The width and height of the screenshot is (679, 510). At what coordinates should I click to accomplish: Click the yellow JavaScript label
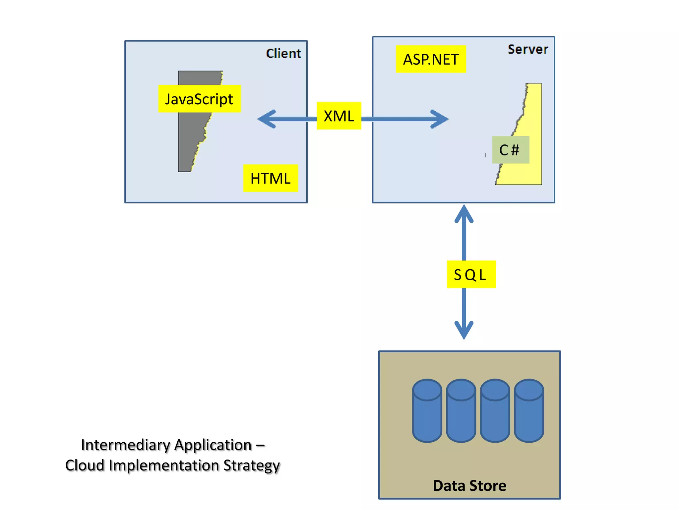(x=199, y=99)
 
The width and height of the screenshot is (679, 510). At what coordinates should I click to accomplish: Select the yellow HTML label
(x=271, y=178)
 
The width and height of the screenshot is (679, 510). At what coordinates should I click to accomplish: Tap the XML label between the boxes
(x=339, y=116)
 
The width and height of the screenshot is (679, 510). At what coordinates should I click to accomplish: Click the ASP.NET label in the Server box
(x=431, y=59)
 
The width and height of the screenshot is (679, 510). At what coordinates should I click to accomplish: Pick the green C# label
(x=511, y=150)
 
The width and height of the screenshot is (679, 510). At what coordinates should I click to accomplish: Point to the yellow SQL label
(x=471, y=274)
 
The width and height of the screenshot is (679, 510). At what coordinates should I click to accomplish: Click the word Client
(x=283, y=53)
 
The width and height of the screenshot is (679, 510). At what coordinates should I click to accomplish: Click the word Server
(x=528, y=49)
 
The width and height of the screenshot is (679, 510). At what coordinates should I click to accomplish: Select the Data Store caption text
(x=469, y=485)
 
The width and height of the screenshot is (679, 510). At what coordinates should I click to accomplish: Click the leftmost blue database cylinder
(x=427, y=411)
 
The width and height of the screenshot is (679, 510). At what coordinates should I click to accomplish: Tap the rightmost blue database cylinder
(x=529, y=411)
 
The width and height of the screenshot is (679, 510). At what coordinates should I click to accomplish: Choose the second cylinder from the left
(x=461, y=411)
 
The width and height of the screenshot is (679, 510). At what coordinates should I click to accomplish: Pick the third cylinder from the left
(x=495, y=411)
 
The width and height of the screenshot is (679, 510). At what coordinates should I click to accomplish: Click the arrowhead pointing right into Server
(x=440, y=119)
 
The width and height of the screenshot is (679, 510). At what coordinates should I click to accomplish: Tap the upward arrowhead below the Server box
(x=464, y=213)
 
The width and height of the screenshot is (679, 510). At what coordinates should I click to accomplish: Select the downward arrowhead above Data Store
(x=464, y=330)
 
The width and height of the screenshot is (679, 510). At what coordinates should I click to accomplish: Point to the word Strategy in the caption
(x=252, y=466)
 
